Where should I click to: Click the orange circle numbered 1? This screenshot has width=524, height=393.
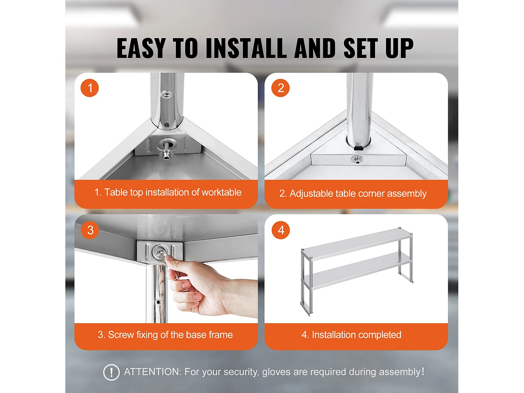90,88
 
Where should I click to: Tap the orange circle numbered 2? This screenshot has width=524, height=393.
281,88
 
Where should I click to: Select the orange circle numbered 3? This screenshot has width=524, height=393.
90,230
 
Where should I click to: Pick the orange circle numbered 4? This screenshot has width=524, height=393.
281,230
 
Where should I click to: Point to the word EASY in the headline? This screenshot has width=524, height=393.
141,48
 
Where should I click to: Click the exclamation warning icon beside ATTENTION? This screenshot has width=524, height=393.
111,372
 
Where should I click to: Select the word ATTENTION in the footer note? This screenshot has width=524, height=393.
153,372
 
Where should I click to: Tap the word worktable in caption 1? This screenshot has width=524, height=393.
221,192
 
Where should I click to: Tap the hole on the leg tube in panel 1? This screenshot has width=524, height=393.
166,95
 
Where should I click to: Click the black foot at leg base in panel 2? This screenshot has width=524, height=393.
358,148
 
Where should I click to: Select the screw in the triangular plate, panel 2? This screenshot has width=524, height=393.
357,159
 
